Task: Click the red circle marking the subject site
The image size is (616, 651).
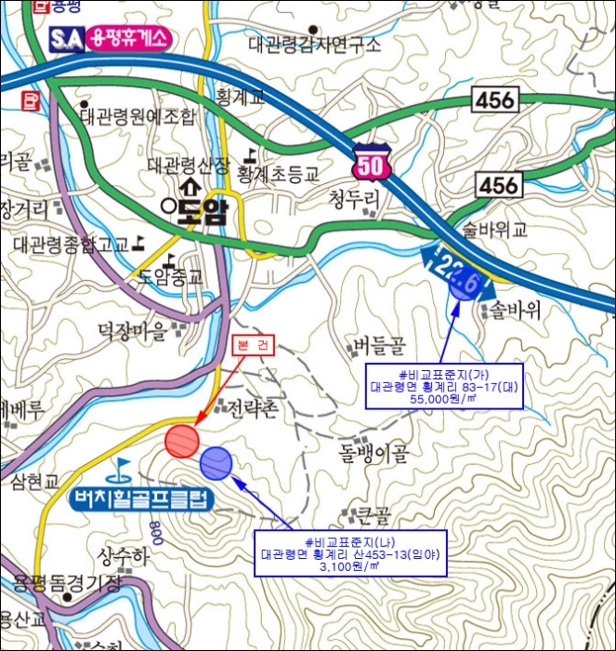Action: [x=182, y=441]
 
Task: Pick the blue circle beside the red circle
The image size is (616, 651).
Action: [x=216, y=461]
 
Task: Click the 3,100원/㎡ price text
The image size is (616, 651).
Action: [x=352, y=566]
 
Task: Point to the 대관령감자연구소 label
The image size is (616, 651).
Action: [x=316, y=43]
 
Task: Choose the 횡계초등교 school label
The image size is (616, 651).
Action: [x=278, y=174]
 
